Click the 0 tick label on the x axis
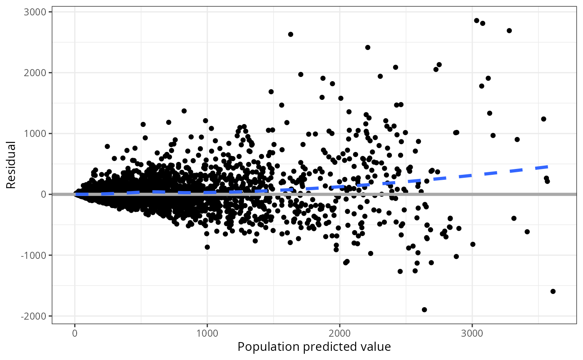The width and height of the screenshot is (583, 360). tap(75, 333)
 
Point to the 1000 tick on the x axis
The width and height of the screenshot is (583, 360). tap(207, 333)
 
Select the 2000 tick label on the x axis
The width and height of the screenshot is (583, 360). tap(339, 333)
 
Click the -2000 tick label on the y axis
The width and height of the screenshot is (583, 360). tap(37, 316)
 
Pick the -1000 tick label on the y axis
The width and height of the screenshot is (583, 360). tap(37, 255)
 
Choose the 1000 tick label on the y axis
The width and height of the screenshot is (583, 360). tap(38, 134)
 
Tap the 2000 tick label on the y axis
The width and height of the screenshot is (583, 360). tap(38, 73)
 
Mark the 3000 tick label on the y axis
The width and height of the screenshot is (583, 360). tap(38, 12)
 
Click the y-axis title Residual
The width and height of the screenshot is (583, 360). tap(11, 165)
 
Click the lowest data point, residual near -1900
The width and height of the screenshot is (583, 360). tap(424, 310)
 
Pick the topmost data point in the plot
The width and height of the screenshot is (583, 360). tap(477, 20)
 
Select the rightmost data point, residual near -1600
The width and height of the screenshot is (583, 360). tap(553, 291)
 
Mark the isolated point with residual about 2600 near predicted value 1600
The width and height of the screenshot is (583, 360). tap(291, 34)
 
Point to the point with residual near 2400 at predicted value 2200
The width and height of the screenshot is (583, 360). tap(368, 47)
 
